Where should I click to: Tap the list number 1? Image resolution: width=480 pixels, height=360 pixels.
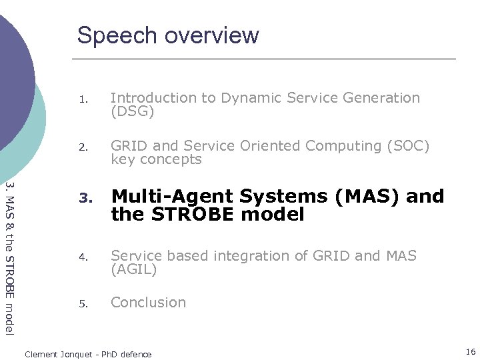[83, 100]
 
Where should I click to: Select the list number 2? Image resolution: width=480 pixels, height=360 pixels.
[83, 147]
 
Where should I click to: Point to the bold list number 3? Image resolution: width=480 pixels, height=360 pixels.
[83, 198]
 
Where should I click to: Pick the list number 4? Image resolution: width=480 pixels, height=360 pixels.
[83, 257]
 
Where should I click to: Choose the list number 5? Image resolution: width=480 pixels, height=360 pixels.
[83, 304]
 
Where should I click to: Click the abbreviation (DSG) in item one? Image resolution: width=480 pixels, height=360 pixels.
[132, 112]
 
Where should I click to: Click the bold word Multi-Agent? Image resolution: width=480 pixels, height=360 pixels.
[172, 197]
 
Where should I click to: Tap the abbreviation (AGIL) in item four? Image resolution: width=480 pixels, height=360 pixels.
[133, 269]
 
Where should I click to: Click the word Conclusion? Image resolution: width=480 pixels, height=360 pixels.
[148, 303]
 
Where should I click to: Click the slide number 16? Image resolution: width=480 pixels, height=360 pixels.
[471, 352]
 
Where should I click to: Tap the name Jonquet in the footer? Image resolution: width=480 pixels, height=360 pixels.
[76, 355]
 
